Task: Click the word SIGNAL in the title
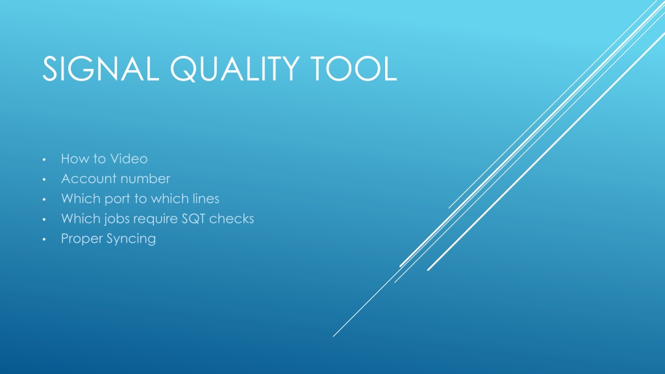[101, 69]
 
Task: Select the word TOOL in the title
[354, 69]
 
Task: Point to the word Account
[86, 179]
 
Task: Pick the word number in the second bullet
[142, 179]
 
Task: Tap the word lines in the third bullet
[206, 199]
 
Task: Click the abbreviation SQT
[194, 218]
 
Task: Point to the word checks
[232, 218]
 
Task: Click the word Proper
[82, 239]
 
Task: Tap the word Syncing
[131, 239]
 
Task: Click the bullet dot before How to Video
[44, 160]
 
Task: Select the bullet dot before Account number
[44, 180]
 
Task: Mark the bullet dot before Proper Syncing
[44, 240]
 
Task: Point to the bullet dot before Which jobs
[44, 219]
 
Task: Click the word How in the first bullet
[75, 158]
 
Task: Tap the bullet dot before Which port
[44, 200]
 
